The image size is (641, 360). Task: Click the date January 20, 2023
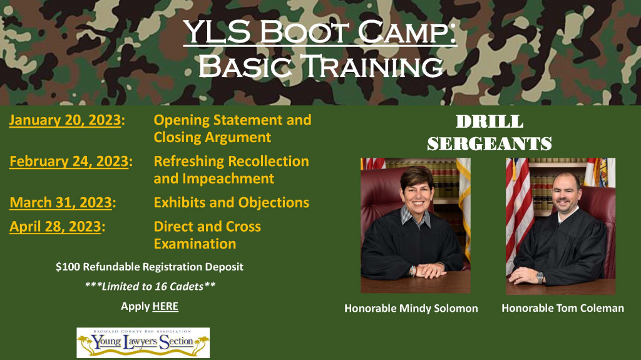(x=64, y=120)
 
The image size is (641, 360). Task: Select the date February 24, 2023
(x=69, y=162)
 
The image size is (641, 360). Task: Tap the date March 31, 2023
(x=61, y=203)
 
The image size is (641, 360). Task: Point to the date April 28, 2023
(x=55, y=227)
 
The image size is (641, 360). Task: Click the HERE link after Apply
(x=165, y=306)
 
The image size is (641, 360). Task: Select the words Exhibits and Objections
(x=231, y=203)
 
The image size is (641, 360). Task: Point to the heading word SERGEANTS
(x=489, y=143)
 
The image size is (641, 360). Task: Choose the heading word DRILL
(x=490, y=121)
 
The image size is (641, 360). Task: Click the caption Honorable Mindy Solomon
(x=411, y=308)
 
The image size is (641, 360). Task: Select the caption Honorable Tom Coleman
(x=562, y=308)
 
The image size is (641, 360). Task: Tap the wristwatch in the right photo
(x=540, y=277)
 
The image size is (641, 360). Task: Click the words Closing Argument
(x=212, y=137)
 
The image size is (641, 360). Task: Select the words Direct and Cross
(x=207, y=227)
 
